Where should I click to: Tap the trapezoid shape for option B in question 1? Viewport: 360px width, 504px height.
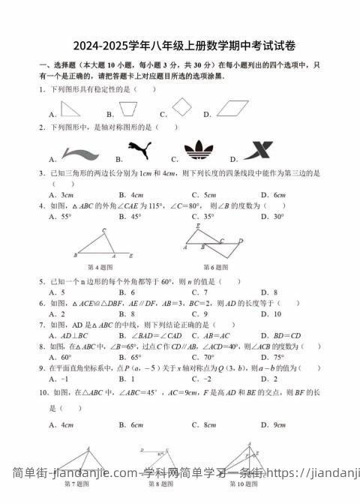[x=129, y=109]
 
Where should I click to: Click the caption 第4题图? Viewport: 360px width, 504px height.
[x=100, y=267]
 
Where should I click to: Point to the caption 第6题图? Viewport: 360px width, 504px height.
[x=216, y=267]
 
